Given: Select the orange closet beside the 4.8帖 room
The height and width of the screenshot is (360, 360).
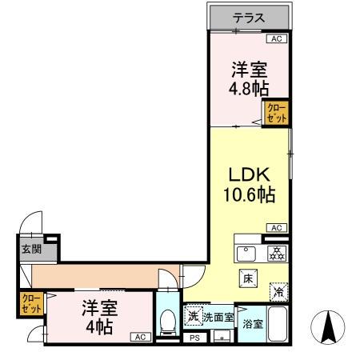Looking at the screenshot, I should (276, 113).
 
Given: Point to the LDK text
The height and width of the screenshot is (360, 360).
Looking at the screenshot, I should (249, 175).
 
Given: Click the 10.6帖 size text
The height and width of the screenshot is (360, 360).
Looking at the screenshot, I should (249, 194).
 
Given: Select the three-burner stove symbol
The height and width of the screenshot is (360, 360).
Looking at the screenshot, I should (275, 254).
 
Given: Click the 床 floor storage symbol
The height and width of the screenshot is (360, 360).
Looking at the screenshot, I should (248, 278).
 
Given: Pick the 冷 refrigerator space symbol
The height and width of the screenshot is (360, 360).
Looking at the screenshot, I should (276, 293).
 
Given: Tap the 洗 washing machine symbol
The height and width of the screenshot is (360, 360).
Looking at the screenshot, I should (193, 315).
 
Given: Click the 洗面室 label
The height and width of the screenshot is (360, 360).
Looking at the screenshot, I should (218, 318).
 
